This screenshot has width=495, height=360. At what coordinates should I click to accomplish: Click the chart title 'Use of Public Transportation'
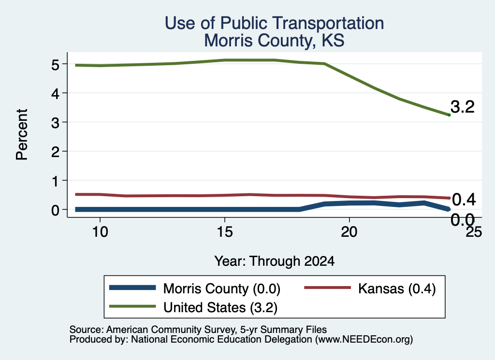275,23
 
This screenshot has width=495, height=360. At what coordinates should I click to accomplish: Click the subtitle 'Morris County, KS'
274,41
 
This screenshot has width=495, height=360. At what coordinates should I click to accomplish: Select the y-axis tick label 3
55,123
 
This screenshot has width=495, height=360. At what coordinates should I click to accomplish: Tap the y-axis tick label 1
56,181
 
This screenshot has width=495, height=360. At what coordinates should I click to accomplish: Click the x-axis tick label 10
100,232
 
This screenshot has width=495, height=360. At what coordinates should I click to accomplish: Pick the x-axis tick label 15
225,232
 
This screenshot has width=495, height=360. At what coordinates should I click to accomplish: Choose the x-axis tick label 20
349,232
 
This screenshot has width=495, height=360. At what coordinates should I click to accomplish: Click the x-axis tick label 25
474,232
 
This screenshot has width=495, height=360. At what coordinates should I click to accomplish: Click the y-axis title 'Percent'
22,135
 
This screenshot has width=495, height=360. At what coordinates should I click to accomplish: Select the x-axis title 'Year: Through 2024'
275,261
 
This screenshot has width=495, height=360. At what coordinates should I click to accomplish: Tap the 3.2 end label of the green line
463,107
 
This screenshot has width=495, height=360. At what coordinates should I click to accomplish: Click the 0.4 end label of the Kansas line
464,200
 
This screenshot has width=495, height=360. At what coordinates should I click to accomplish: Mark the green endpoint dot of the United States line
449,115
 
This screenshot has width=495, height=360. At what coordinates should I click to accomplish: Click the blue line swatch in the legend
132,288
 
